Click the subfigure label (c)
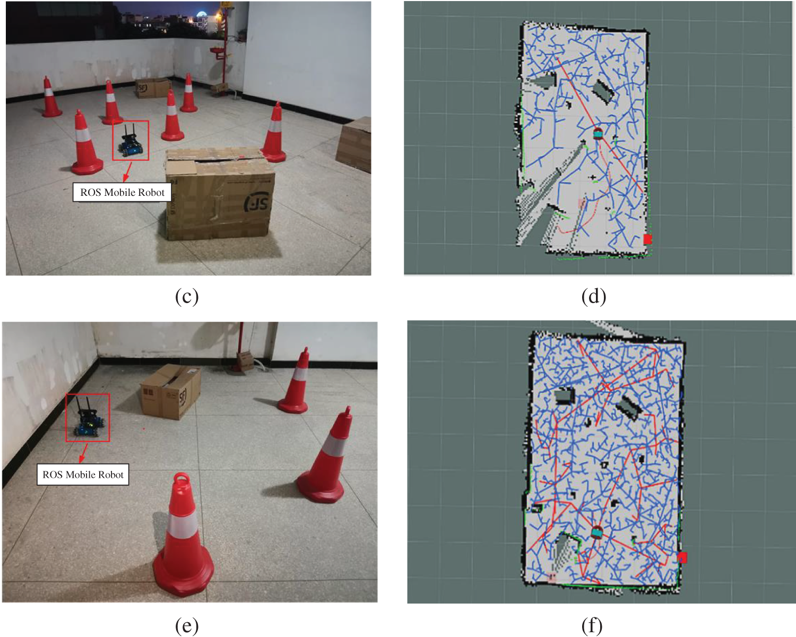[x=187, y=297]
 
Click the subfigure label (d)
[x=594, y=297]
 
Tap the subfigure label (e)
[x=187, y=625]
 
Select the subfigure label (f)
[x=592, y=625]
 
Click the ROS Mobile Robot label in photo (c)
[x=122, y=193]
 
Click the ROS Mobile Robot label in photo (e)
[x=83, y=475]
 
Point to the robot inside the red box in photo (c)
[x=130, y=142]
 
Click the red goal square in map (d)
[x=647, y=239]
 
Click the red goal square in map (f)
[x=682, y=557]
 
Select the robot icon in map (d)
[x=598, y=133]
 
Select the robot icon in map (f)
[x=596, y=532]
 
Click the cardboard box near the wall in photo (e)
[x=171, y=392]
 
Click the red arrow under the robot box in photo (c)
[x=127, y=171]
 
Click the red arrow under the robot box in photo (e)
[x=84, y=453]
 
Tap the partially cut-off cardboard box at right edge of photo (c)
[x=354, y=144]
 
